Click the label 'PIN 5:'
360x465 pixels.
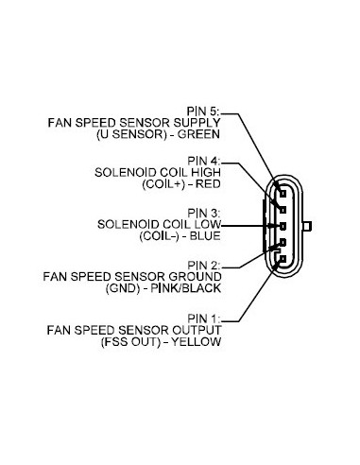(203, 111)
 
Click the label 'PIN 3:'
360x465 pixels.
(203, 213)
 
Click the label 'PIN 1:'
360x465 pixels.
(203, 319)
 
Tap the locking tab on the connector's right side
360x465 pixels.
(307, 227)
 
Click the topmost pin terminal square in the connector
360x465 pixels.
(281, 187)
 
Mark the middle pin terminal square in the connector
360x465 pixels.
(281, 227)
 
